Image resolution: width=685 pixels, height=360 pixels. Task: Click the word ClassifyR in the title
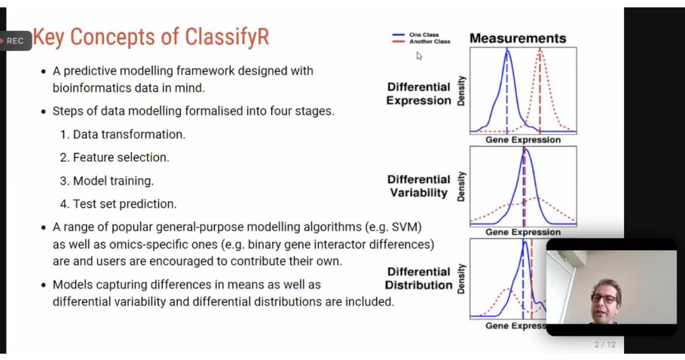point(226,37)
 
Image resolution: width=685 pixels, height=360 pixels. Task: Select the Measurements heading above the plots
point(518,39)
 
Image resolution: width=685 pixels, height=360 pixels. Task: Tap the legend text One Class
point(424,35)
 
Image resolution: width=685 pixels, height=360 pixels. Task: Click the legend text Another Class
point(429,41)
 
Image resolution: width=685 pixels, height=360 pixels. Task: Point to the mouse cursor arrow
point(419,56)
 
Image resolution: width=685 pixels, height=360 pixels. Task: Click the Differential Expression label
point(419,94)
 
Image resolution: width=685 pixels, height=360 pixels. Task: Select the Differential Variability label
point(419,186)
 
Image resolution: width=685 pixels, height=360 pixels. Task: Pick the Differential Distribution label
point(419,278)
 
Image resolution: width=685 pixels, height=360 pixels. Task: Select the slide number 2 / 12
point(605,345)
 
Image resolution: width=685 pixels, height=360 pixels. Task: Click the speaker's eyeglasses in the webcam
point(605,299)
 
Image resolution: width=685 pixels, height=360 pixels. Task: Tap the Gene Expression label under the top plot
point(523,140)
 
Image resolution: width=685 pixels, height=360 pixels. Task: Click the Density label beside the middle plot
point(461,186)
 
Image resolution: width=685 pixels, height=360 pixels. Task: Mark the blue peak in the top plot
point(507,49)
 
